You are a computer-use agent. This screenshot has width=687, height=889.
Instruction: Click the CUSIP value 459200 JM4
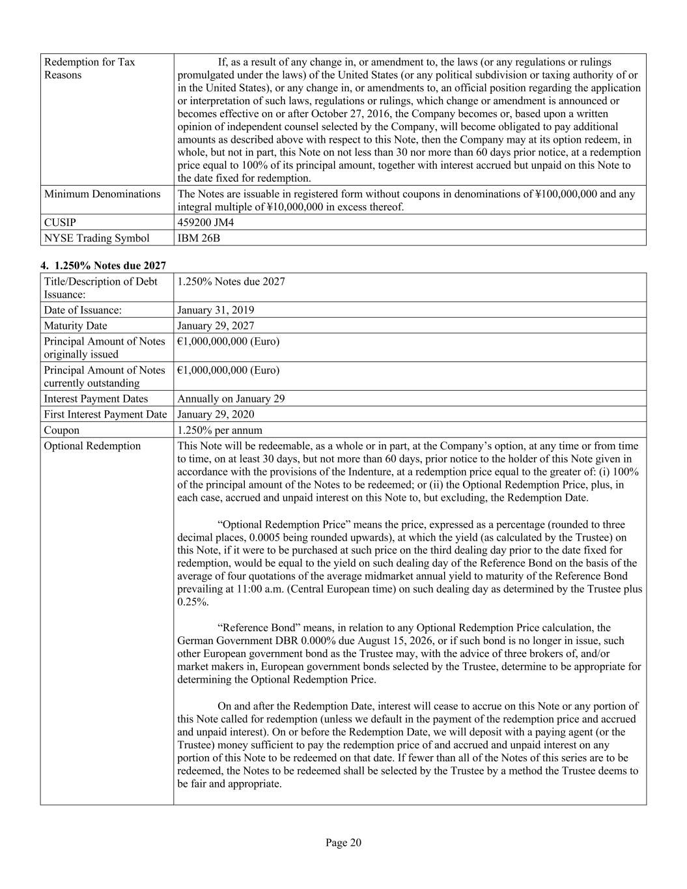pyautogui.click(x=205, y=222)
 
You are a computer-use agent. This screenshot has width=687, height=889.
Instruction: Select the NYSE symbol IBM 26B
pyautogui.click(x=199, y=238)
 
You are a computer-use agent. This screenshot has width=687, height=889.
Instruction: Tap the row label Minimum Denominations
pyautogui.click(x=102, y=193)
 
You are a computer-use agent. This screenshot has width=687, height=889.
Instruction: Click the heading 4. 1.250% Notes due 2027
pyautogui.click(x=104, y=265)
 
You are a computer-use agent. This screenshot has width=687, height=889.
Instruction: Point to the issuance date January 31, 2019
pyautogui.click(x=216, y=310)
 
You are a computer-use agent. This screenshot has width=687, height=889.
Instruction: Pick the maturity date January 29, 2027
pyautogui.click(x=216, y=326)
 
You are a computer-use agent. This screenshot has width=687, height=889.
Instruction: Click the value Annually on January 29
pyautogui.click(x=231, y=399)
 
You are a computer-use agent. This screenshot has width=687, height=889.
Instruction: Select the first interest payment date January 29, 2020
pyautogui.click(x=216, y=414)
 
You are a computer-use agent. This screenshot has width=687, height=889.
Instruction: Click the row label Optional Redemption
pyautogui.click(x=92, y=445)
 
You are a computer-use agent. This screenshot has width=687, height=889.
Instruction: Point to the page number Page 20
pyautogui.click(x=343, y=843)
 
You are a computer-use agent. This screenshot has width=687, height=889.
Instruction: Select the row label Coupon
pyautogui.click(x=62, y=430)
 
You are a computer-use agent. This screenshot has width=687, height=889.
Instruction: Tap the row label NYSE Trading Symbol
pyautogui.click(x=96, y=238)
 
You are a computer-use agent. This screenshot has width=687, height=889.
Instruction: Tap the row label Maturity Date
pyautogui.click(x=76, y=326)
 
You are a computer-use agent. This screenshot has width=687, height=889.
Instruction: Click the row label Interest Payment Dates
pyautogui.click(x=96, y=399)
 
